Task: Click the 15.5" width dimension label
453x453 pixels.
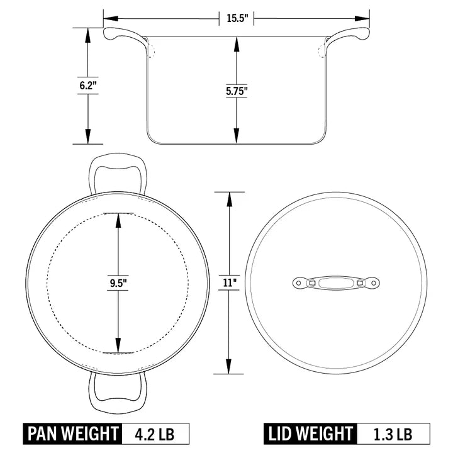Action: coord(237,18)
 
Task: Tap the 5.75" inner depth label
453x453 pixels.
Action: coord(237,91)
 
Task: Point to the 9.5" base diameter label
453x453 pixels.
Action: coord(118,283)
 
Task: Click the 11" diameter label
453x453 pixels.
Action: coord(228,283)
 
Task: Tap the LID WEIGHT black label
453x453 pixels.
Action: coord(311,433)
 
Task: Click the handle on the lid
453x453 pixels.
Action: coord(336,283)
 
